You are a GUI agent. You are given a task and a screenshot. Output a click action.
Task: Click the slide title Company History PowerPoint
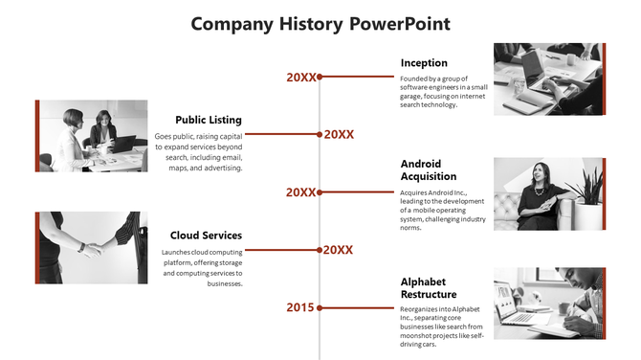click(320, 24)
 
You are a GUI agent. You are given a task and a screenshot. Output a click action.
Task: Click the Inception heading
click(424, 63)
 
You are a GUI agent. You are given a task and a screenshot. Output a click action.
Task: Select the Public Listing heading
click(209, 120)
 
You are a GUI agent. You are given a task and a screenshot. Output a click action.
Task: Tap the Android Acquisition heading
click(429, 169)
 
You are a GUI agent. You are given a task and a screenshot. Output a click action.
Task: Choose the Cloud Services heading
click(206, 235)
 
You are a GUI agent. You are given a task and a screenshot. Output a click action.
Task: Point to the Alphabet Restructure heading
click(429, 287)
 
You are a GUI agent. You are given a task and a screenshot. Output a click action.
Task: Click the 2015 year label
click(299, 307)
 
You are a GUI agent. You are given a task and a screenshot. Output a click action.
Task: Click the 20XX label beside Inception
click(300, 78)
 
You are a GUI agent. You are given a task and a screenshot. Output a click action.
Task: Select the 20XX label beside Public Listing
click(339, 135)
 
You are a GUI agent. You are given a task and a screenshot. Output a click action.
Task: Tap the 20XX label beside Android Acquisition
click(300, 192)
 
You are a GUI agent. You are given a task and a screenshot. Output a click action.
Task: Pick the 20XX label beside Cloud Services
click(339, 250)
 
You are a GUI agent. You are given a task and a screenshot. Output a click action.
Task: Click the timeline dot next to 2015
click(320, 307)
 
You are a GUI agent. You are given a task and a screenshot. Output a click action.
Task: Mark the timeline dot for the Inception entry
click(320, 78)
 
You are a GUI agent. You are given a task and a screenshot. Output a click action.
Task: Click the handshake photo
click(92, 247)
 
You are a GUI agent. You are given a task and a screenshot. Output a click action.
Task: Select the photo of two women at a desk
click(92, 135)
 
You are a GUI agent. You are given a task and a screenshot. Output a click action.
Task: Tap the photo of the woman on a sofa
click(549, 193)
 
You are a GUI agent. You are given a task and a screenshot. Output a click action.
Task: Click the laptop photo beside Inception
click(549, 79)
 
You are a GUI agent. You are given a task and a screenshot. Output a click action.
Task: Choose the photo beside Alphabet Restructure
click(549, 303)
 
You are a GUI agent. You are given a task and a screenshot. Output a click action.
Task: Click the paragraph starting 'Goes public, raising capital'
click(198, 152)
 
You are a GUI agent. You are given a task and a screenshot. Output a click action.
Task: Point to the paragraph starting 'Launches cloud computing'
click(202, 268)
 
